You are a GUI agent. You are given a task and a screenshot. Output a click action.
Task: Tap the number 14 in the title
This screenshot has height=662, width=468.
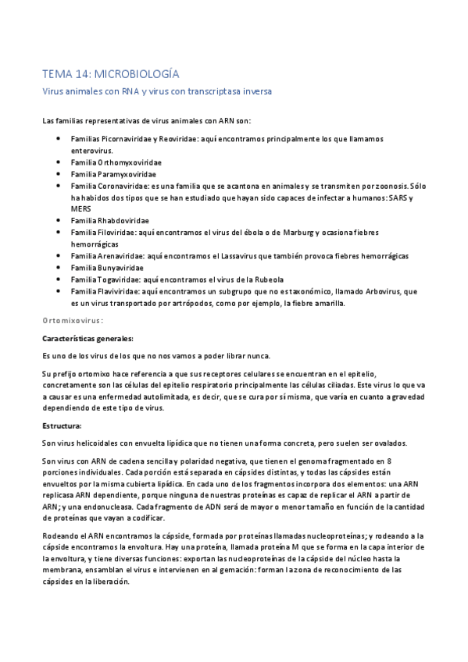[x=80, y=75]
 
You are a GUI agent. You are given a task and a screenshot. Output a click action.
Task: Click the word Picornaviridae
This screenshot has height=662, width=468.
[x=128, y=139]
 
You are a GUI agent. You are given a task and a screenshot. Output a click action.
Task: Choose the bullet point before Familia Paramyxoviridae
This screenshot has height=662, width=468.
[x=59, y=174]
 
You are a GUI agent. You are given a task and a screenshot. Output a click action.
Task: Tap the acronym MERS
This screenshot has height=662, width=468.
[x=82, y=209]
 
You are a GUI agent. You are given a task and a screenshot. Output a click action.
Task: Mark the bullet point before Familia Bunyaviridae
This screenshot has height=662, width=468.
[x=59, y=268]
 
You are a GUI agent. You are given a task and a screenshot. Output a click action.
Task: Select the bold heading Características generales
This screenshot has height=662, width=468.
[x=88, y=338]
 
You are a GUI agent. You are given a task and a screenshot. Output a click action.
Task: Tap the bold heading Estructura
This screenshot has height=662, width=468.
[x=64, y=425]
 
